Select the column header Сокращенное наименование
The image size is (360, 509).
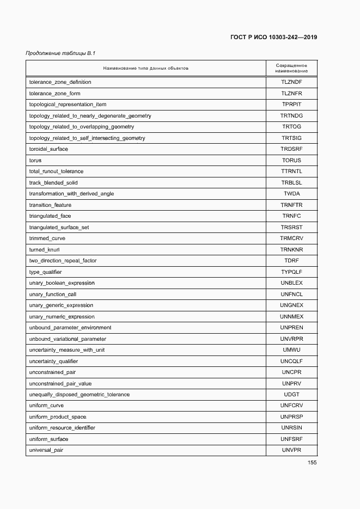291,68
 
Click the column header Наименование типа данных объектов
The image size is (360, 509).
145,69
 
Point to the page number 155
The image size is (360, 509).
312,463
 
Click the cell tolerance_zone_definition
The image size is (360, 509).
60,82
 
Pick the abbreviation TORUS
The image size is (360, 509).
291,161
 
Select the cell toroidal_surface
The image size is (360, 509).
48,149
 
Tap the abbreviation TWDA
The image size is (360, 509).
291,194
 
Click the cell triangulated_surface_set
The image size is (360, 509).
59,228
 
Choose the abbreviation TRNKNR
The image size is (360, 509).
291,250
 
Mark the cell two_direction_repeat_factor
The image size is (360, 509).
63,261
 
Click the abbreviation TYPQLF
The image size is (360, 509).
291,272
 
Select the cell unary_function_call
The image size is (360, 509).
52,295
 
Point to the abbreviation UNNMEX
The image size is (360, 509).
291,317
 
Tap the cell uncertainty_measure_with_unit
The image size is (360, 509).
66,350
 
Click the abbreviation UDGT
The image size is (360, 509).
291,395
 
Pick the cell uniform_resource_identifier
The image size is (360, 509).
62,428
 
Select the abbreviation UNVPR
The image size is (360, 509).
291,450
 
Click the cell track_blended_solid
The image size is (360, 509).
54,183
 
